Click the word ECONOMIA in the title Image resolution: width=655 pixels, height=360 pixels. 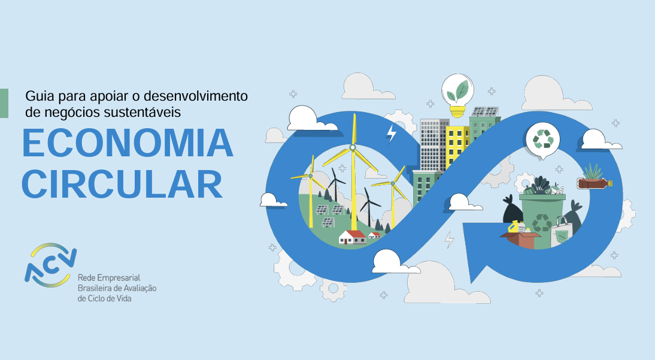[128, 143]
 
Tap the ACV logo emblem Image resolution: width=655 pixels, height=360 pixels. [50, 265]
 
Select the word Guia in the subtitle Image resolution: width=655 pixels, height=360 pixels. [40, 96]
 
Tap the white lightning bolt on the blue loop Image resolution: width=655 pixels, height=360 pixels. [391, 134]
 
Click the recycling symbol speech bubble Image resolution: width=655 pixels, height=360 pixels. [542, 141]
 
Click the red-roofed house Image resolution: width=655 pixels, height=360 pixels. [353, 237]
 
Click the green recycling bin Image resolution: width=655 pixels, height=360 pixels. [542, 219]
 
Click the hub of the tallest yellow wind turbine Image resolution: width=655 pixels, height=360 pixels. [353, 147]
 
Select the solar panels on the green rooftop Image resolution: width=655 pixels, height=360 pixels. [485, 111]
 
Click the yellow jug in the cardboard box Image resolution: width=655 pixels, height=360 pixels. [513, 227]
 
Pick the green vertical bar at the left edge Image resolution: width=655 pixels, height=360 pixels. [4, 103]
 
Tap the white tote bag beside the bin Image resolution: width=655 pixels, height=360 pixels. [561, 233]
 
